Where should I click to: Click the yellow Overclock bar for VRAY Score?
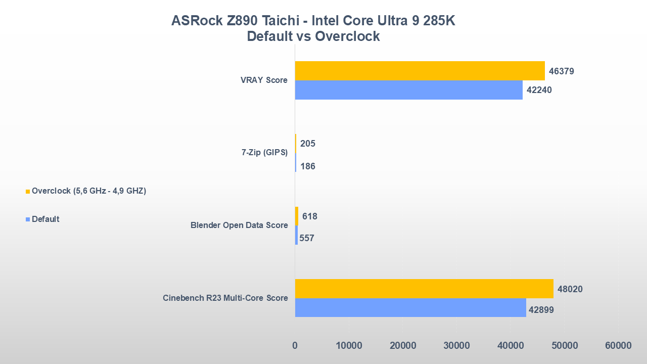click(x=420, y=71)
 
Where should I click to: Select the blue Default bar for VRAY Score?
click(x=408, y=90)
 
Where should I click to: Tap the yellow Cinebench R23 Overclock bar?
click(x=424, y=289)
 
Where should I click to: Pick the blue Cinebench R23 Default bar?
click(x=410, y=307)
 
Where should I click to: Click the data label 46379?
click(x=561, y=71)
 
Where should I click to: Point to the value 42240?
click(x=539, y=90)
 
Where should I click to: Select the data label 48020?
click(x=570, y=290)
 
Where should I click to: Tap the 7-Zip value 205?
click(x=307, y=144)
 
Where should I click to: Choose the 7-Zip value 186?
click(x=307, y=166)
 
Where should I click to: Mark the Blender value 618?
click(x=309, y=216)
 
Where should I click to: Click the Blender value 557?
click(x=306, y=238)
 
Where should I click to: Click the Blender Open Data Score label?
click(x=239, y=225)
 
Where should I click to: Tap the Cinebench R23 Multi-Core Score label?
click(x=225, y=298)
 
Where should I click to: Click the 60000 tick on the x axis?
click(x=618, y=346)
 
